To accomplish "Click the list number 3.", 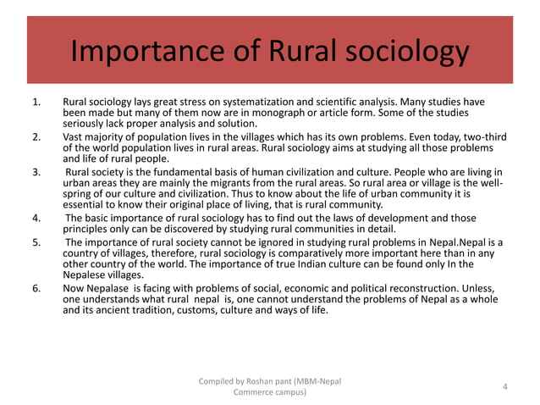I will [36, 172].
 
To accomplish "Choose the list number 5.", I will [36, 242].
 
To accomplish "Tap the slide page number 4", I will [504, 387].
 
